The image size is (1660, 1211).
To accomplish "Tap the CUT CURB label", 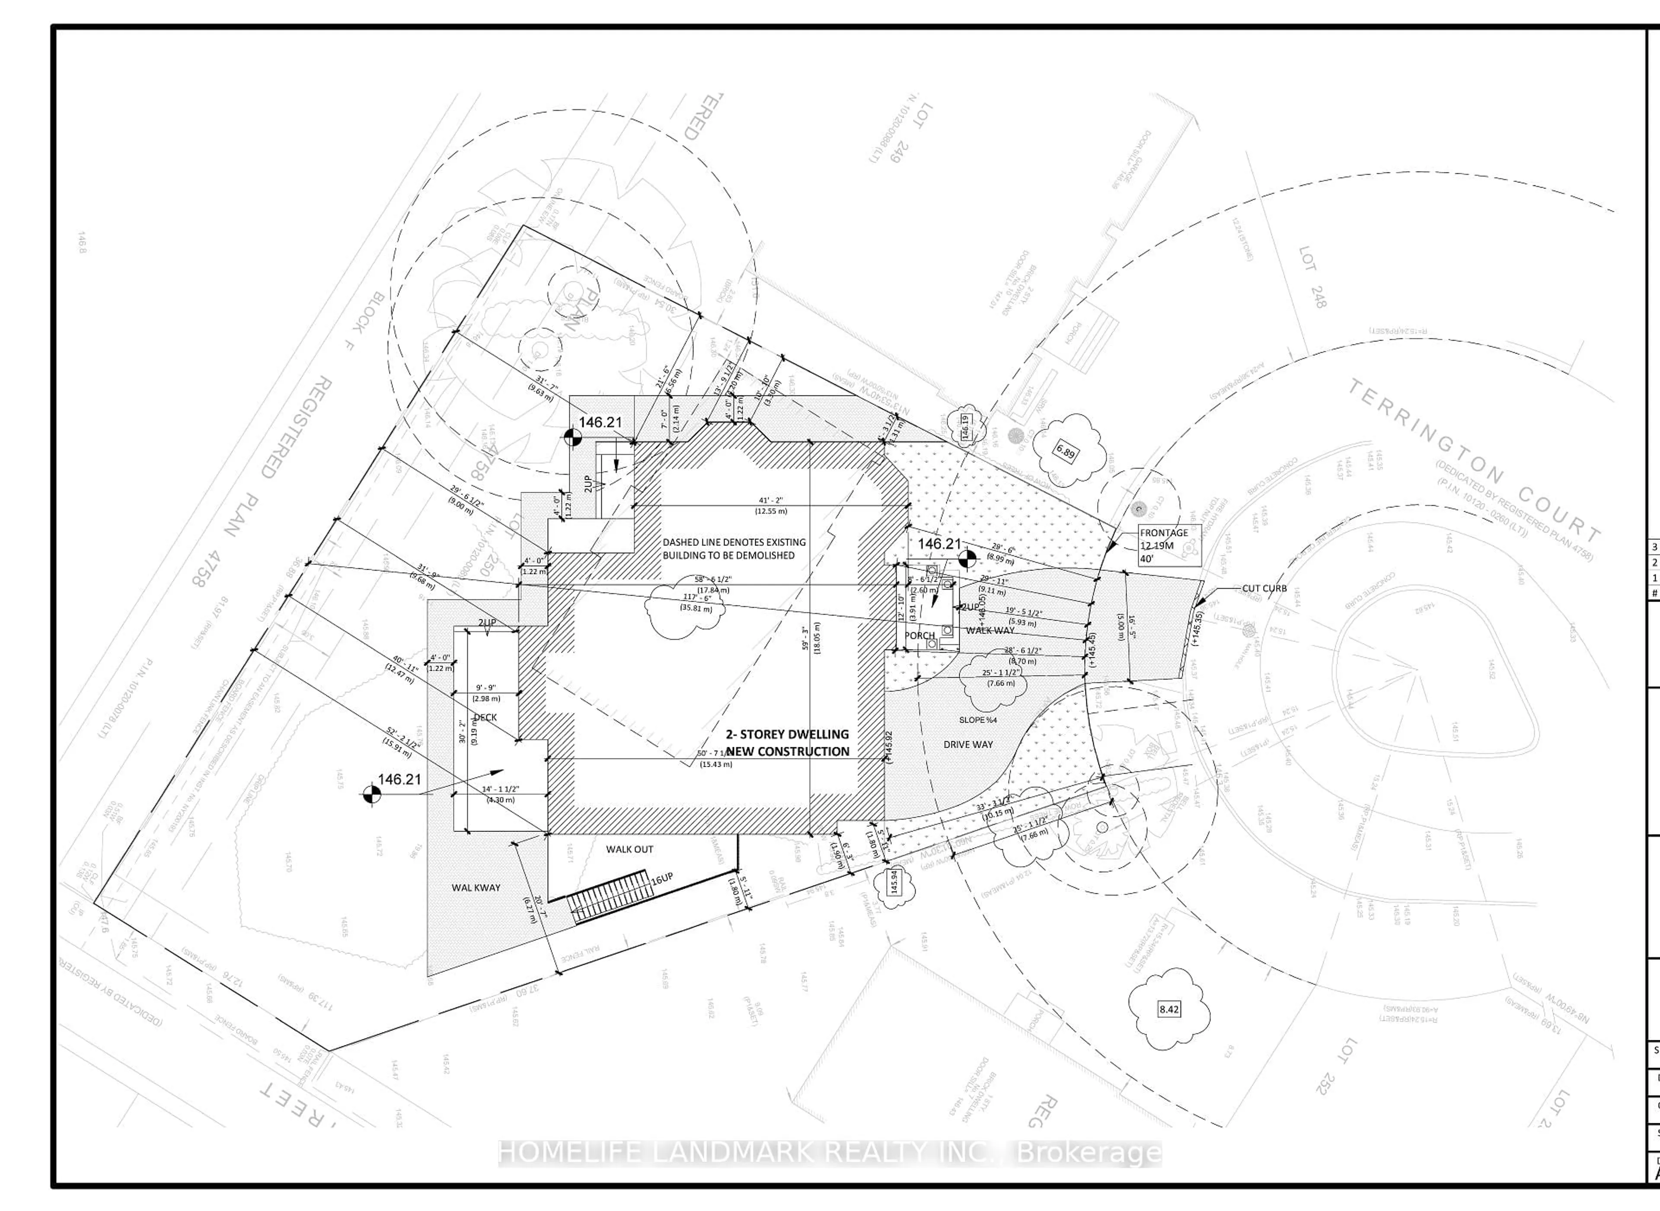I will [1264, 589].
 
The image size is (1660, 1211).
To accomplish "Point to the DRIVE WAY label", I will [968, 744].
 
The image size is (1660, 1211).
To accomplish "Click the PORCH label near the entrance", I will [919, 636].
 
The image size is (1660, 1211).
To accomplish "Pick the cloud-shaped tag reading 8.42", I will [1169, 1010].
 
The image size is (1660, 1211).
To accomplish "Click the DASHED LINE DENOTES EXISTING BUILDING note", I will [734, 548].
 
